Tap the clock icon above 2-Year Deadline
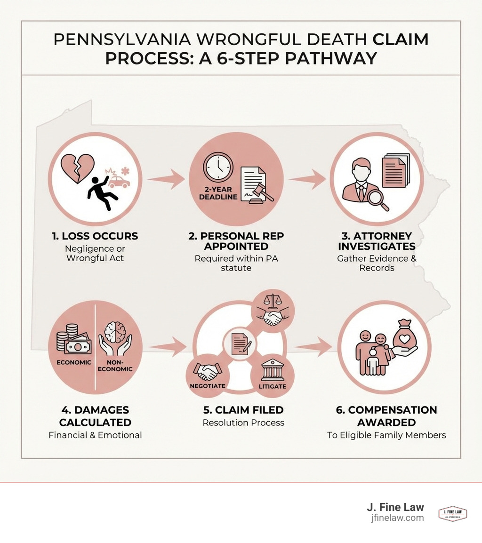(218, 168)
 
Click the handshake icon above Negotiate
(208, 372)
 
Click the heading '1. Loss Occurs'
(95, 236)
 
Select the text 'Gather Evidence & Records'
(377, 263)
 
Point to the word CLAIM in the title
(401, 40)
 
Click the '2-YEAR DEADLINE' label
(218, 192)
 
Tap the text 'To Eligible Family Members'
(386, 435)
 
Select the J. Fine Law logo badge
(452, 514)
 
